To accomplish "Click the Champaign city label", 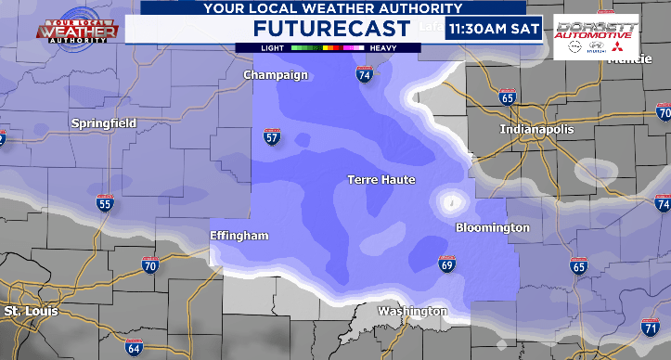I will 275,74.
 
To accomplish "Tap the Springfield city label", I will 104,122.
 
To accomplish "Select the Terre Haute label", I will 381,179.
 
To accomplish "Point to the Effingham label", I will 239,236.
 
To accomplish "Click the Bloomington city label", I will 493,227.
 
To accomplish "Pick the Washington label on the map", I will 412,312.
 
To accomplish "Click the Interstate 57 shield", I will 272,138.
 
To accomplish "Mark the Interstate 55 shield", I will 104,203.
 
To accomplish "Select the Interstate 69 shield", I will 447,265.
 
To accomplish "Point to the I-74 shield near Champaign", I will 365,76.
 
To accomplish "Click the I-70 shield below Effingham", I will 149,265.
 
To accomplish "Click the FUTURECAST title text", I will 331,29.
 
